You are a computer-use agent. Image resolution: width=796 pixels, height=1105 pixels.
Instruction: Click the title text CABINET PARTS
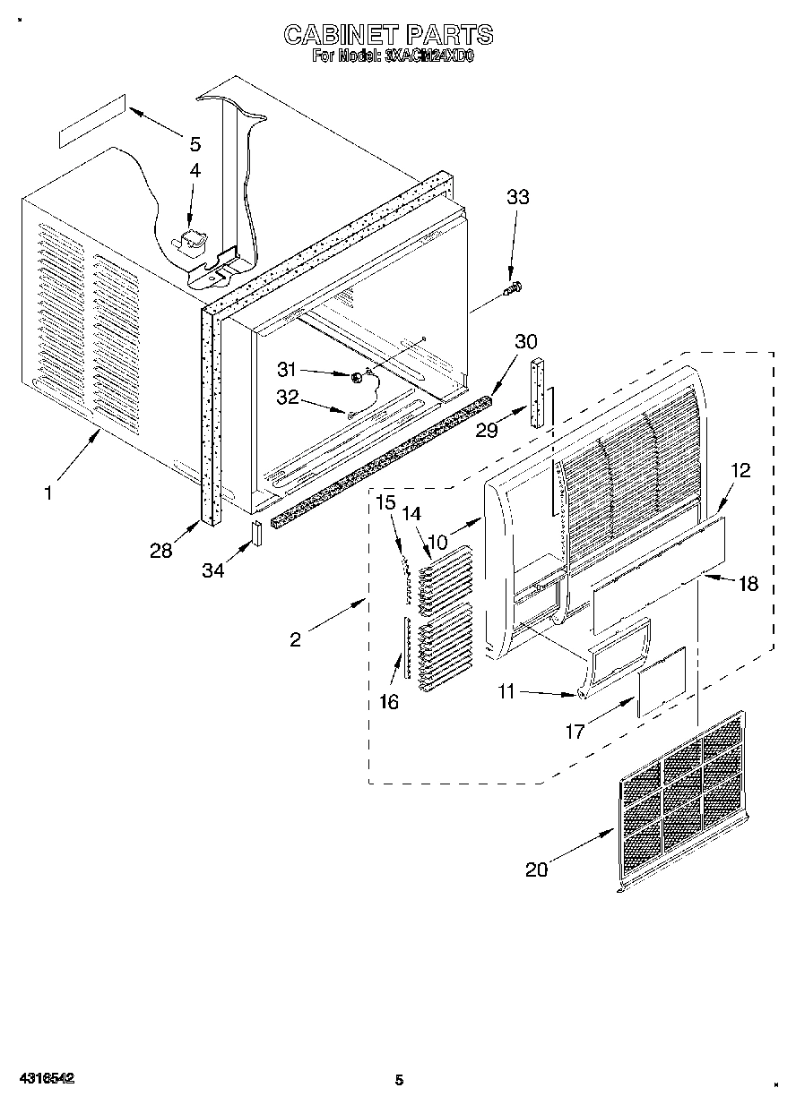point(387,35)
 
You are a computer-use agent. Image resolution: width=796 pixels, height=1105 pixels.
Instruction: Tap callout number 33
point(518,198)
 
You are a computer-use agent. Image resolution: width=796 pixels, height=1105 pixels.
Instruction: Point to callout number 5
point(195,144)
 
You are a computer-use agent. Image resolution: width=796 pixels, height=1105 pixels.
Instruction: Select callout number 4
point(195,170)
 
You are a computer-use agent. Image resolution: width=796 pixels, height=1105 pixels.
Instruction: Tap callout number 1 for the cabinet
point(49,492)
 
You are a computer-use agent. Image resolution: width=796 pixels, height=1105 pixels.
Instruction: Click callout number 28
point(161,551)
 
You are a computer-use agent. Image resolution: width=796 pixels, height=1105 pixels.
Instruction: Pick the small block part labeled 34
point(256,533)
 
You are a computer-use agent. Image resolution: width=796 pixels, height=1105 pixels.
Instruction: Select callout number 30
point(526,341)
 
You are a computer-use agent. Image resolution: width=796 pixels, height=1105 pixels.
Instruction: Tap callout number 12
point(740,470)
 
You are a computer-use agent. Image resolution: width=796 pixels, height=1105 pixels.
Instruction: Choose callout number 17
point(575,732)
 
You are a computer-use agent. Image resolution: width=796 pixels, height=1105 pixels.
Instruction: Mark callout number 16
point(388,702)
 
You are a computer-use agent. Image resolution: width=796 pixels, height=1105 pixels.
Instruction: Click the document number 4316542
point(44,1079)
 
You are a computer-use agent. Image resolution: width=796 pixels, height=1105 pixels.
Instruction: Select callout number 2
point(296,638)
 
